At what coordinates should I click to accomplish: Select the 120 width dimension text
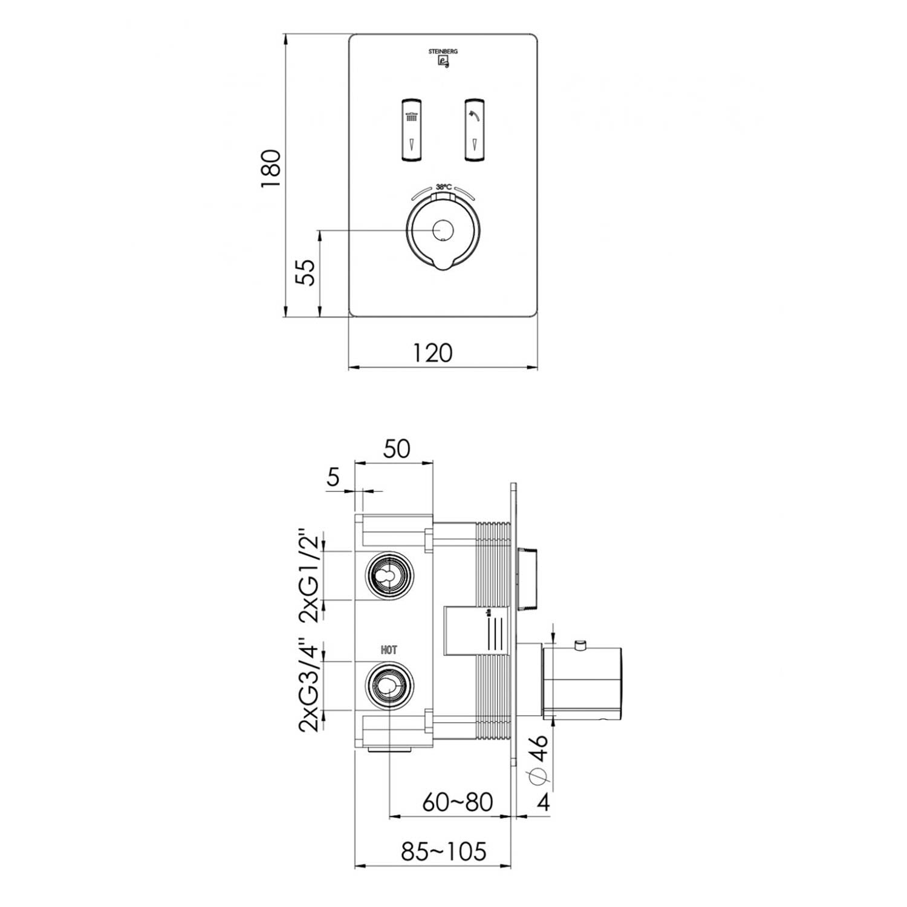click(x=433, y=351)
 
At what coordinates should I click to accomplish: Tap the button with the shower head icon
click(x=411, y=130)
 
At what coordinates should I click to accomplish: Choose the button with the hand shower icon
click(x=476, y=130)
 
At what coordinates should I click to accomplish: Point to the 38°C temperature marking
click(x=443, y=187)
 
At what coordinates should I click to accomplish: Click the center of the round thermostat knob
click(x=444, y=230)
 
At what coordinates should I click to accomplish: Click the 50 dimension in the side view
click(x=397, y=448)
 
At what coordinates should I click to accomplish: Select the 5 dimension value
click(x=333, y=478)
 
